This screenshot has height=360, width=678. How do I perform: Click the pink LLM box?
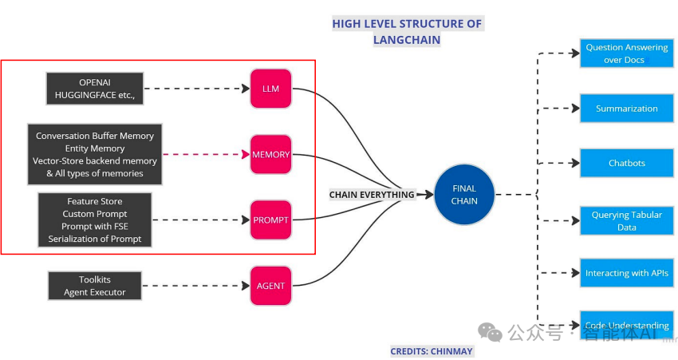270,89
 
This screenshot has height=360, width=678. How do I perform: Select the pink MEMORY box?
270,154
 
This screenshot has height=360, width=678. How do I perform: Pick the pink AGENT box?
270,285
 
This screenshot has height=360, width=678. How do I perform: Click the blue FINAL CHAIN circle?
464,195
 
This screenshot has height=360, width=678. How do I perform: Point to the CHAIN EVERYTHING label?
372,195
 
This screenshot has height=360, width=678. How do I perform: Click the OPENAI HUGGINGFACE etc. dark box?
95,89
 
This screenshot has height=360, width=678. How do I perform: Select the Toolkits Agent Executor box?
95,286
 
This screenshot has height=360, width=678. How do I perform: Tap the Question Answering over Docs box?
626,53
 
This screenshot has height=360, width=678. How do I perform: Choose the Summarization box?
626,109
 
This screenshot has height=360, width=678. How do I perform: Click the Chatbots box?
626,163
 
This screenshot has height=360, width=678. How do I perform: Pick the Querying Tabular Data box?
626,221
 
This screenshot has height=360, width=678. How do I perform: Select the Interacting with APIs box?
626,273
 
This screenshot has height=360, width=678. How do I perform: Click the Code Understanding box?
626,325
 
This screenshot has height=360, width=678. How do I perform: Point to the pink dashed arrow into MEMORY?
206,154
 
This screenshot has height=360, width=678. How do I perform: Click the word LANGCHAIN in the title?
406,40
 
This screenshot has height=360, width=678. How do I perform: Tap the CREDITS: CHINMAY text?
431,351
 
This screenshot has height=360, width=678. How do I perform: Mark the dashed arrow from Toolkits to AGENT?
195,285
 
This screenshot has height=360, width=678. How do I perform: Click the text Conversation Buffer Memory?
95,136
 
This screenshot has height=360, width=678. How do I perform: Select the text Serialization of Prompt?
95,239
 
